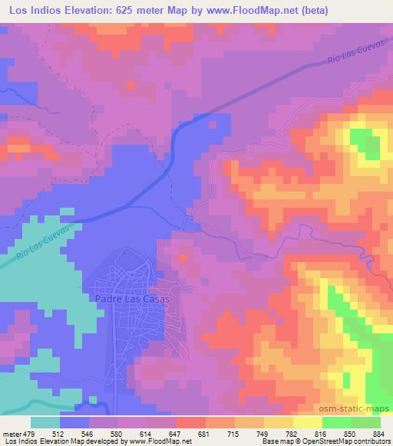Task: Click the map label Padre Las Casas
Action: (x=131, y=300)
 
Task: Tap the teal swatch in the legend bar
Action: (x=45, y=421)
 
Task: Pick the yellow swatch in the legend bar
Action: (x=307, y=421)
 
